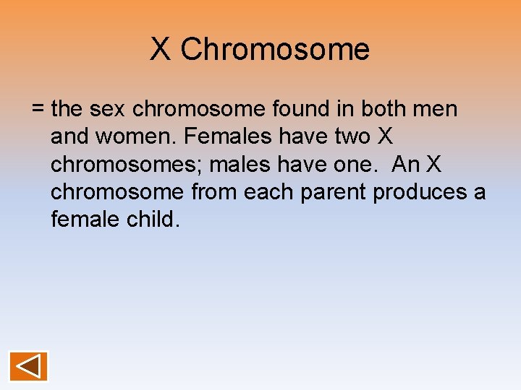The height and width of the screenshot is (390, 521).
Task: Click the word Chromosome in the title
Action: point(274,50)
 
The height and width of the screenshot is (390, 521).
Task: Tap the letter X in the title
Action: point(161,50)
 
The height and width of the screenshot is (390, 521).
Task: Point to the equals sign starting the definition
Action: point(38,110)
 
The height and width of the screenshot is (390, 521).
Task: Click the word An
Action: point(405,165)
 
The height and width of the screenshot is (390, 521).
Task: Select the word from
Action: point(215,193)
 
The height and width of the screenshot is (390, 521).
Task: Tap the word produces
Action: point(420,193)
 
